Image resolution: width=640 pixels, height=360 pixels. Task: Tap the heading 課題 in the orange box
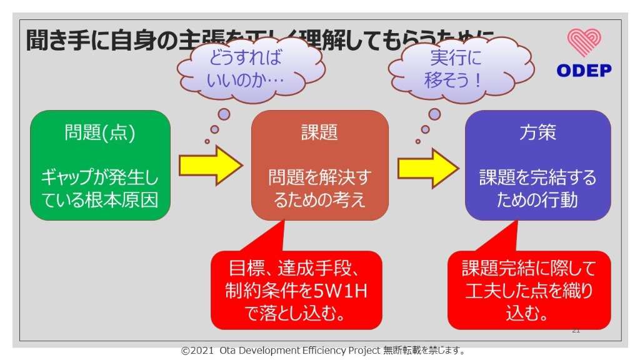(x=319, y=132)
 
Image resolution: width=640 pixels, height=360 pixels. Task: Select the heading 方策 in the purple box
(x=537, y=132)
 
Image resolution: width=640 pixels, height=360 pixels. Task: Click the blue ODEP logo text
(x=584, y=71)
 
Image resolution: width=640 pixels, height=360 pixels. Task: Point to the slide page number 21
(x=576, y=330)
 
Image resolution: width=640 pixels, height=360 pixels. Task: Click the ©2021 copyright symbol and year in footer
(x=198, y=351)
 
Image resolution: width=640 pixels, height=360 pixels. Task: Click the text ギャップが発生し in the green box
(x=100, y=178)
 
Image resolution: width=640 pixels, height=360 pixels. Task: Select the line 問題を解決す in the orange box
(x=319, y=178)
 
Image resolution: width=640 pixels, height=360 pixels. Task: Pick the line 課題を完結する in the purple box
(x=537, y=178)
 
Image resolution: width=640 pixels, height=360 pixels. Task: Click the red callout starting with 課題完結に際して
(x=529, y=291)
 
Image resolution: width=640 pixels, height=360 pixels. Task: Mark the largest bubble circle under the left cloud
(x=224, y=115)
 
